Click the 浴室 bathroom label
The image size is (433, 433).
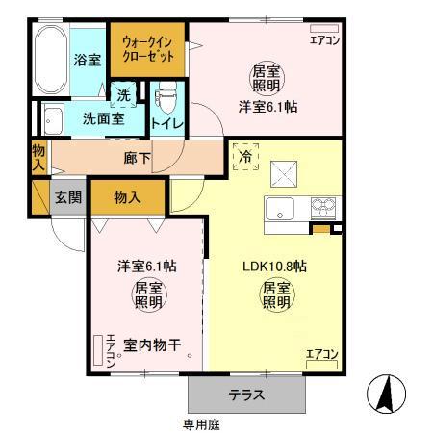(x=88, y=60)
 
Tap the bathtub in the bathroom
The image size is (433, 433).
(x=49, y=60)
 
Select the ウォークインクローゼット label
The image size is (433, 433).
(x=147, y=50)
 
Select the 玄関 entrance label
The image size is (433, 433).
(x=67, y=197)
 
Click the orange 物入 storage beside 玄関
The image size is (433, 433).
(x=128, y=197)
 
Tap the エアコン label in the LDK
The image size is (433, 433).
(x=322, y=355)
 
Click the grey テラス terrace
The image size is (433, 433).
(x=247, y=395)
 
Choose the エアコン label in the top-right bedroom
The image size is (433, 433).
(x=324, y=39)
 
